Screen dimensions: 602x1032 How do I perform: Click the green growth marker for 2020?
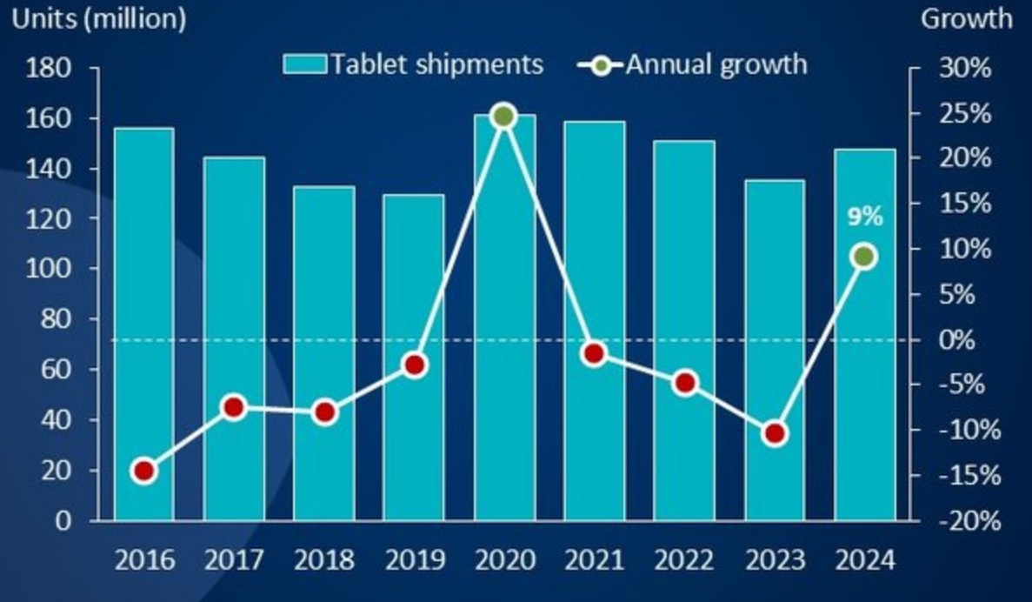coord(504,116)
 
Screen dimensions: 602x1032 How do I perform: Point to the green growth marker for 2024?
coord(864,257)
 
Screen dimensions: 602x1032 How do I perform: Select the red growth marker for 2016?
coord(144,472)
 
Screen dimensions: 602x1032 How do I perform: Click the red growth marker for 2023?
coord(775,433)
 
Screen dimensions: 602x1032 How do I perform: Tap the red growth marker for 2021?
coord(595,353)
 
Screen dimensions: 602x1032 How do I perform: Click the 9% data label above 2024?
coord(865,217)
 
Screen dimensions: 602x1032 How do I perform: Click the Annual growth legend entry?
coord(696,64)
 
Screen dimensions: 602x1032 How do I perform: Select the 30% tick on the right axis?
coord(965,68)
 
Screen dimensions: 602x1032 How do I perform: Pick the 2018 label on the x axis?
coord(323,559)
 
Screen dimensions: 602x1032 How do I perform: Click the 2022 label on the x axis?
coord(684,559)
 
